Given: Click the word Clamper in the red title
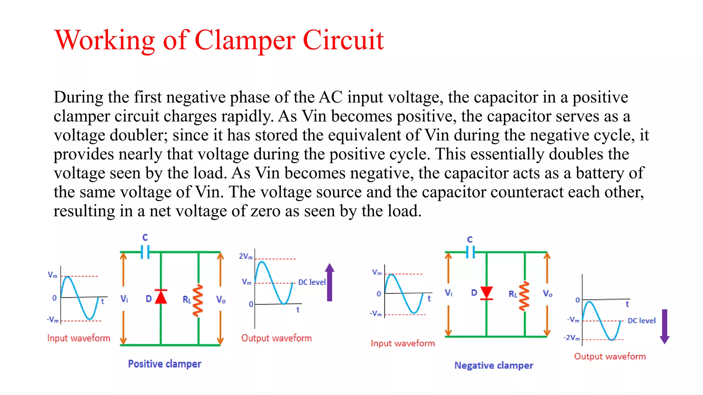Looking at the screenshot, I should click(245, 40).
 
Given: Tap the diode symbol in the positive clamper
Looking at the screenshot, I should click(161, 297).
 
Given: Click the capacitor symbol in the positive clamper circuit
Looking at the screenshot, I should click(145, 252).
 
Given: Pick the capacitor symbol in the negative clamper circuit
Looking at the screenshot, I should click(470, 253).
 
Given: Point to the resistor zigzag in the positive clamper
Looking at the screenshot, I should click(198, 300).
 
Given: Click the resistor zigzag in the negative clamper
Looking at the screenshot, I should click(524, 296).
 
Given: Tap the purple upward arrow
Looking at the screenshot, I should click(330, 282).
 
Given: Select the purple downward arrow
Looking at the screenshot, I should click(665, 326).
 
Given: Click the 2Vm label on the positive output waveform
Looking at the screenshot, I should click(245, 256).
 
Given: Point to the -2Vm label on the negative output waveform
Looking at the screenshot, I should click(572, 338).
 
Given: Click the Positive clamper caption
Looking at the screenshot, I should click(164, 364).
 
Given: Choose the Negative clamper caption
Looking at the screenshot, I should click(494, 366).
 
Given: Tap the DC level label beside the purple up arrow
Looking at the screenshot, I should click(312, 282).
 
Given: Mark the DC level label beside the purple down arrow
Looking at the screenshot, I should click(641, 321).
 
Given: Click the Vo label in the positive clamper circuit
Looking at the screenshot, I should click(221, 300).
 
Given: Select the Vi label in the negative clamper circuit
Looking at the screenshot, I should click(448, 293).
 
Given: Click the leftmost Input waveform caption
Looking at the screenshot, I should click(79, 338).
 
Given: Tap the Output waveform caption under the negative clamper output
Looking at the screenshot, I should click(610, 357).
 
